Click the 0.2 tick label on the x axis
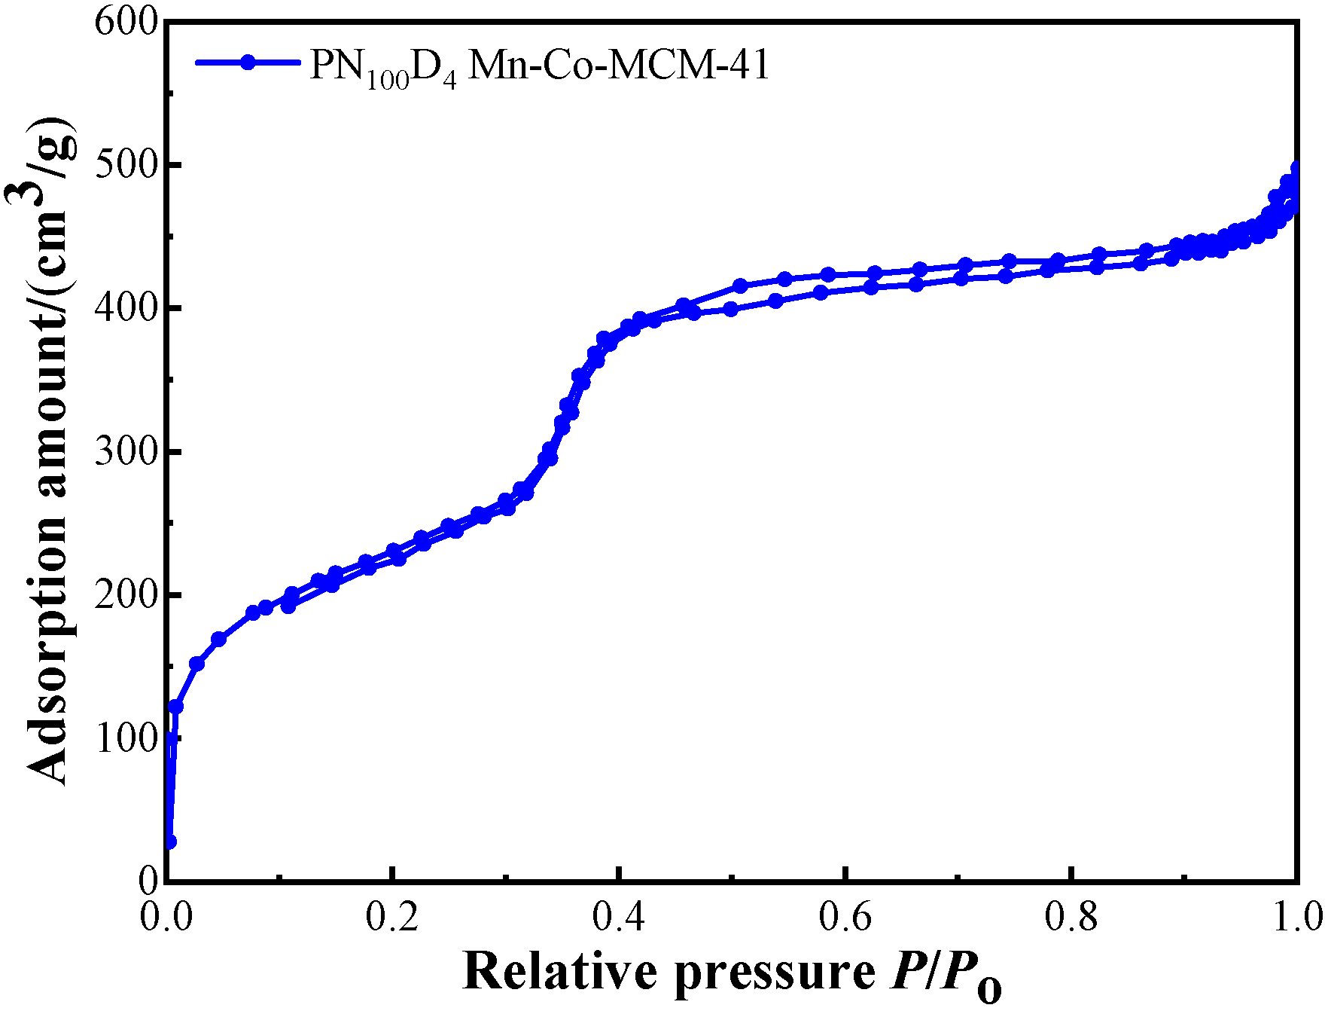pyautogui.click(x=391, y=917)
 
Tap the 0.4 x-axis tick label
pyautogui.click(x=618, y=917)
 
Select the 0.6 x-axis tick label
pyautogui.click(x=845, y=917)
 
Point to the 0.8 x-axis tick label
pyautogui.click(x=1071, y=917)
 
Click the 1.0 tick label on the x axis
pyautogui.click(x=1295, y=917)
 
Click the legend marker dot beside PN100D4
pyautogui.click(x=248, y=63)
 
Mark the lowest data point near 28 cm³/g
pyautogui.click(x=170, y=841)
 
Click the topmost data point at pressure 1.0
pyautogui.click(x=1296, y=168)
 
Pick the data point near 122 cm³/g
pyautogui.click(x=175, y=706)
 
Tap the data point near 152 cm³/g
pyautogui.click(x=196, y=664)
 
